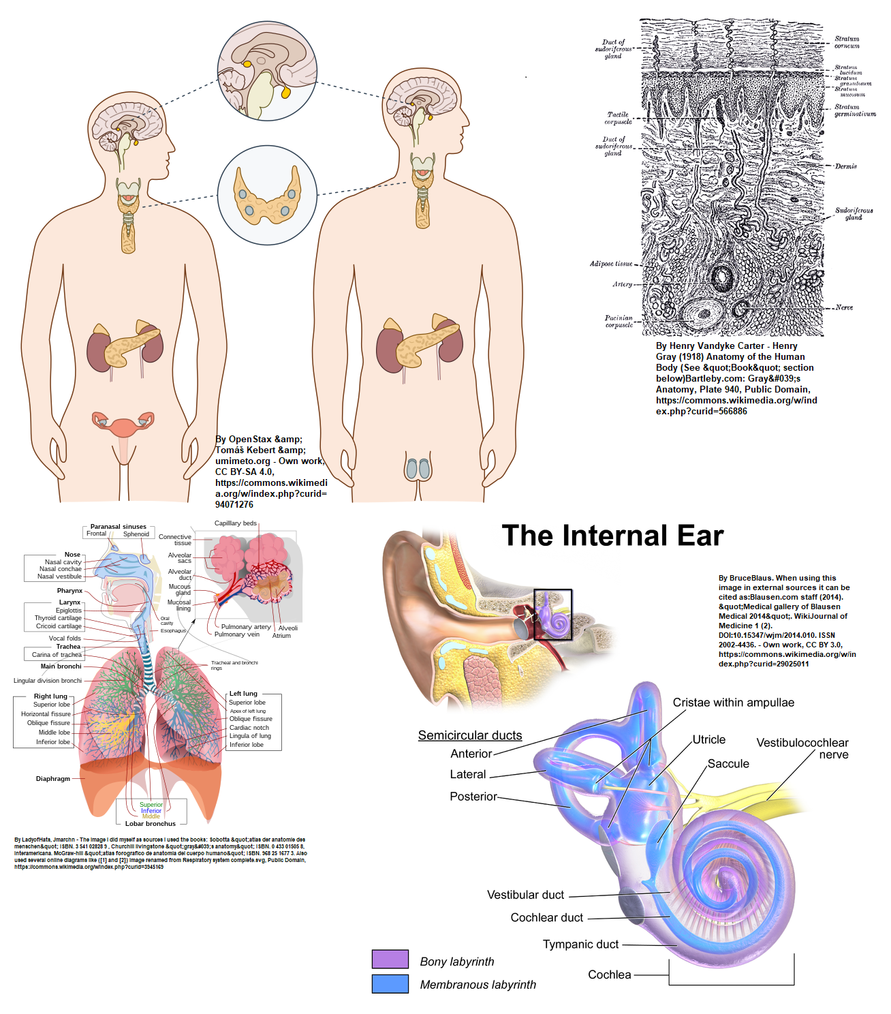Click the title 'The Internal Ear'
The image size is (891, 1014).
coord(612,536)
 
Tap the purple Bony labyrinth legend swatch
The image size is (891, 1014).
coord(390,959)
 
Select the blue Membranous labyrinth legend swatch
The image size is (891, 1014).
coord(390,983)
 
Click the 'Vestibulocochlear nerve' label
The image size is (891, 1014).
coord(802,748)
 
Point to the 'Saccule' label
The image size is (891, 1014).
coord(728,764)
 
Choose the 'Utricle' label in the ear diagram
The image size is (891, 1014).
coord(709,739)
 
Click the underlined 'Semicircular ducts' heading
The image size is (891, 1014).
coord(470,735)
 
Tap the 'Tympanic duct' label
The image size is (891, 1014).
coord(580,944)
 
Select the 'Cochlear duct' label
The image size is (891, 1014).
coord(547,917)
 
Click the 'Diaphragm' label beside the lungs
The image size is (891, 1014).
coord(53,778)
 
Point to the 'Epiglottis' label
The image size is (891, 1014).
coord(69,611)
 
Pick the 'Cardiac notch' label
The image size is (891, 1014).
coord(249,727)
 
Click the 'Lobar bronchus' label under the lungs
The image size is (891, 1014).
coord(151,823)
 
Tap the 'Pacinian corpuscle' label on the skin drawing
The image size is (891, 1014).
coord(619,321)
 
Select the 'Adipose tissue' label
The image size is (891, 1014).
coord(611,264)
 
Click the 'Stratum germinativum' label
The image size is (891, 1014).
coord(855,110)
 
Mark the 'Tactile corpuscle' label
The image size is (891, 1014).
coord(619,118)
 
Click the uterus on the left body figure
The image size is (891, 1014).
coord(123,427)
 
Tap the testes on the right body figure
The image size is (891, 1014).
coord(418,468)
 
